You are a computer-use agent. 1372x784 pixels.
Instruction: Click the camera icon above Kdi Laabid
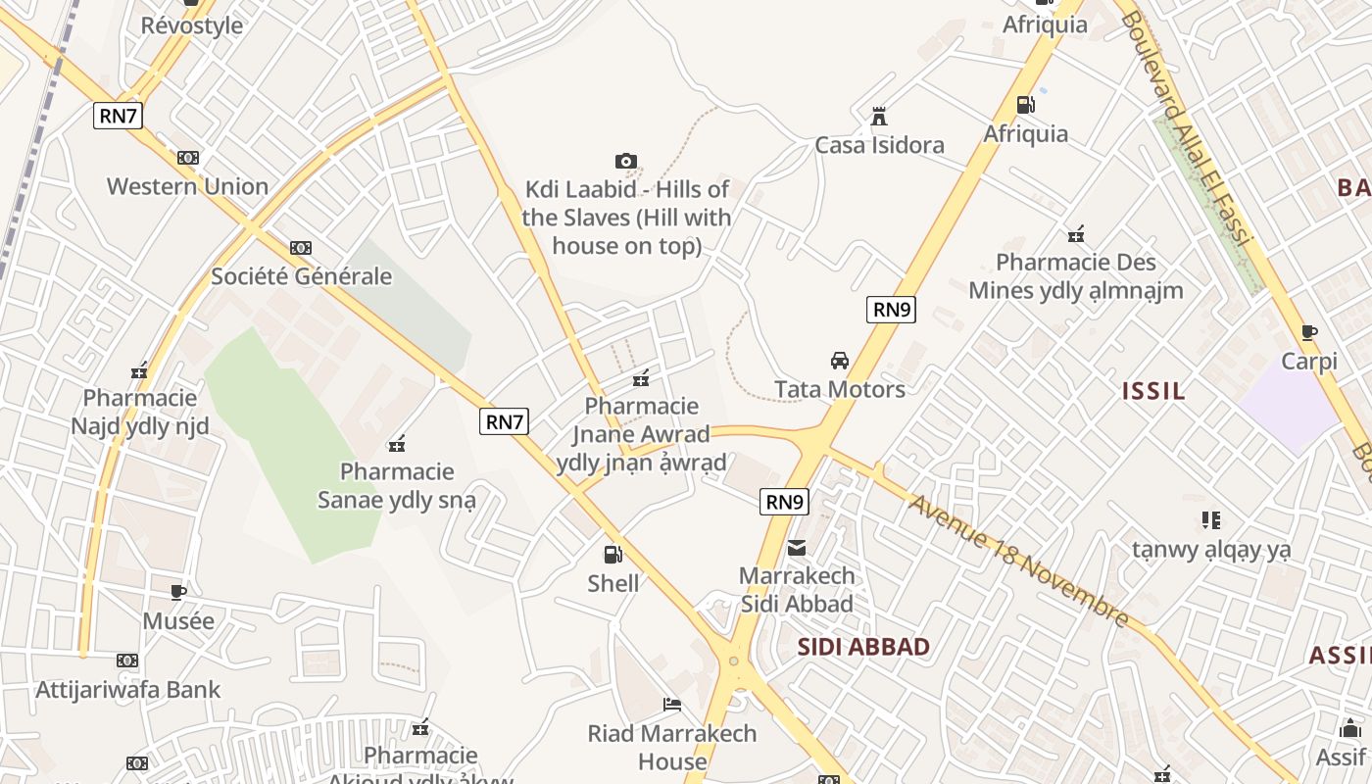626,161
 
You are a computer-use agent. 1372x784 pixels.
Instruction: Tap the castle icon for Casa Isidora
879,117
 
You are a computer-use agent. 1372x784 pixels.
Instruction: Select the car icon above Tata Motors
840,360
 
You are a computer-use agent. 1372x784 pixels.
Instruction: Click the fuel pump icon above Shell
612,555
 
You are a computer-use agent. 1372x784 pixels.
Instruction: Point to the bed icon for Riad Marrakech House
672,704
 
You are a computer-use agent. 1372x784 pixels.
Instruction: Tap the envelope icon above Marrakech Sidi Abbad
797,547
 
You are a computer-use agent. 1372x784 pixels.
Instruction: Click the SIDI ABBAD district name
863,647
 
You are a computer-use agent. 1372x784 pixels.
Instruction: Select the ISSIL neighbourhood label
1153,391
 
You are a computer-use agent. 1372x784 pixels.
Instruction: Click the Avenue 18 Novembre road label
1019,562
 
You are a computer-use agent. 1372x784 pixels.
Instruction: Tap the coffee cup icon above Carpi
1309,333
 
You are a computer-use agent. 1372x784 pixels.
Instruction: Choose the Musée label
178,621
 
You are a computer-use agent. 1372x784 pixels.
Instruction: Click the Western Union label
187,186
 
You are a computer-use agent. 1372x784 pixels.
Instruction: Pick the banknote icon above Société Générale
301,248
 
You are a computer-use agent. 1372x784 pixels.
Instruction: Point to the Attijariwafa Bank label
128,690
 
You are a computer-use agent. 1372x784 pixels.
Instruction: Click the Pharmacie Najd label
139,412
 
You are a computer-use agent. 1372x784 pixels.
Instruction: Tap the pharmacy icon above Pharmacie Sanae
397,444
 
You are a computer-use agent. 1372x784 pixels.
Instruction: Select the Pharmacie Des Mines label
1076,276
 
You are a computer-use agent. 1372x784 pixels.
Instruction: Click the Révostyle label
192,25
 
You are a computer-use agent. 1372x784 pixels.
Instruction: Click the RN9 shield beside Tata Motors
892,310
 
